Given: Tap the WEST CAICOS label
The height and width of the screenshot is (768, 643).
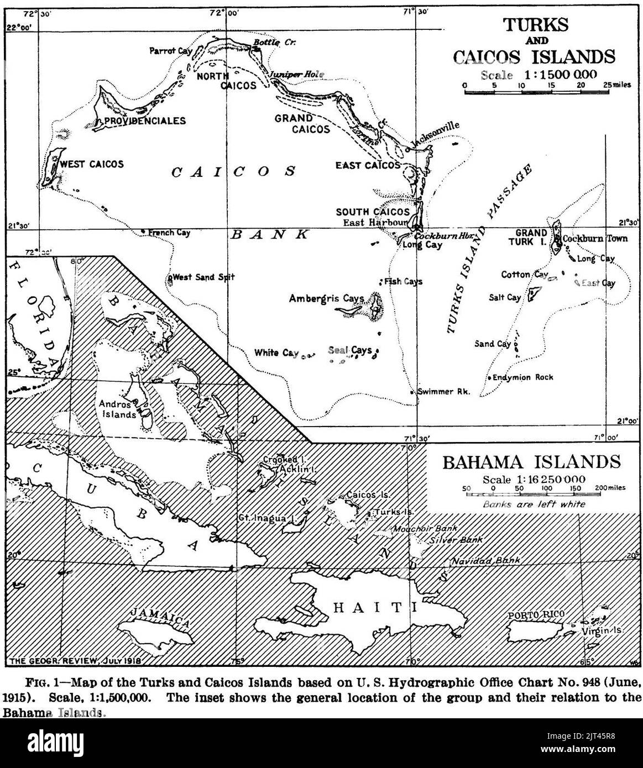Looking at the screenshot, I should (92, 164).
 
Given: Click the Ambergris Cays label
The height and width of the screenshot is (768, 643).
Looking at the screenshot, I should (326, 298).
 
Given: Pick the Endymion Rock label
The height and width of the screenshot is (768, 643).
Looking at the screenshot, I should (523, 377).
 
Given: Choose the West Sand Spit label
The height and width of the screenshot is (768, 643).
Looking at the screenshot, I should (204, 277).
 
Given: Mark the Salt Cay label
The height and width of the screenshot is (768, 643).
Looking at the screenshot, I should (505, 297).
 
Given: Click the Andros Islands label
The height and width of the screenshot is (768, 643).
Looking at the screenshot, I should (117, 409).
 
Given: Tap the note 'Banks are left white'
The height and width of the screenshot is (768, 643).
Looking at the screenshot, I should (534, 504).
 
